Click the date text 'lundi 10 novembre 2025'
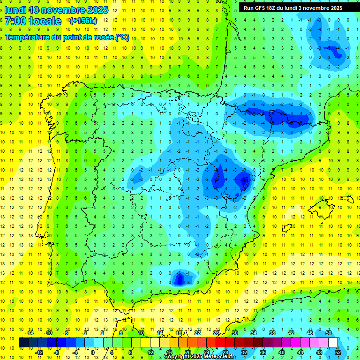pyautogui.click(x=56, y=10)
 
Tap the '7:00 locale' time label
pyautogui.click(x=33, y=21)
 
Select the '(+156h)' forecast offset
pyautogui.click(x=83, y=21)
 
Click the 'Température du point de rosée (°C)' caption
pyautogui.click(x=67, y=37)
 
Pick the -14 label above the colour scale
pyautogui.click(x=30, y=333)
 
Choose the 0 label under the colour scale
pyautogui.click(x=92, y=352)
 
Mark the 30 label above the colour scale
pyautogui.click(x=235, y=333)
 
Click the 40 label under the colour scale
pyautogui.click(x=281, y=352)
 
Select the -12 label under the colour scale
pyautogui.click(x=39, y=352)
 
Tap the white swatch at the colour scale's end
pyautogui.click(x=333, y=343)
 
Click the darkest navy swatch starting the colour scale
pyautogui.click(x=23, y=343)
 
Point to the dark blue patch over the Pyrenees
pyautogui.click(x=277, y=115)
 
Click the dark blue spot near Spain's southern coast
pyautogui.click(x=179, y=279)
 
